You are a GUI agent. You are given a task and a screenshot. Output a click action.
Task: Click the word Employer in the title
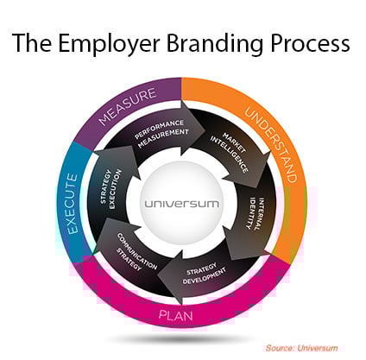point(109,44)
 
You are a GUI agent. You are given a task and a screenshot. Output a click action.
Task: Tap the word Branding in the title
point(214,44)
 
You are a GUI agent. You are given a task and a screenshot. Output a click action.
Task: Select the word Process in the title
point(310,44)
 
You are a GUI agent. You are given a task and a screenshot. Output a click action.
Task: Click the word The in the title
point(32,43)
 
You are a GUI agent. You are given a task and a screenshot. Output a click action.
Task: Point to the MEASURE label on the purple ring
point(128,106)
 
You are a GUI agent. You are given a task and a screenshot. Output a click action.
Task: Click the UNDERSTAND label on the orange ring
point(270,145)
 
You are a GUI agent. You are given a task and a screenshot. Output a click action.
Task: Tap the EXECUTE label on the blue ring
point(73,204)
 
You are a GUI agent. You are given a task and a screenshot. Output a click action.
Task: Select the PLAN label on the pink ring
point(175,316)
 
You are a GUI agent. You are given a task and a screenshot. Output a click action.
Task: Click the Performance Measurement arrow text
point(161,133)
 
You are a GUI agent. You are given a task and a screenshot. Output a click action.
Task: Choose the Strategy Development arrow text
point(204,273)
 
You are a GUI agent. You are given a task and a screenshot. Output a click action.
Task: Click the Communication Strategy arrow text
point(136,251)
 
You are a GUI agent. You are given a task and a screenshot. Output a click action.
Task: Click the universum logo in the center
point(181,204)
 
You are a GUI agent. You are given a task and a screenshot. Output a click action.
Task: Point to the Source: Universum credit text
point(301,348)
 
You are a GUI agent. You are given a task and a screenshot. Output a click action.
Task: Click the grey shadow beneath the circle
point(179,339)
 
